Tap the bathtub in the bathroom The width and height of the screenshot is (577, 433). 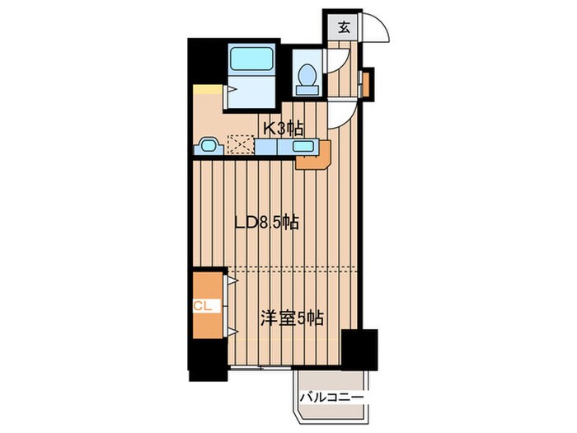point(251,59)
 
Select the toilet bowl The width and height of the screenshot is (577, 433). point(307,75)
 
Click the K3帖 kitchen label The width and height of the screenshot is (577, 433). point(283,128)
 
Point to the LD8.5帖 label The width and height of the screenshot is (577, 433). point(266,222)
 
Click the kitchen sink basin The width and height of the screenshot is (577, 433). point(303,148)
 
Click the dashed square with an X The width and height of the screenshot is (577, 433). point(241,146)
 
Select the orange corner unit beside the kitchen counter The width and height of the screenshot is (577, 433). point(314,156)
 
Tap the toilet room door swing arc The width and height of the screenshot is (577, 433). point(338,62)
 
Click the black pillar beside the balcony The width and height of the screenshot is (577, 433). point(359,348)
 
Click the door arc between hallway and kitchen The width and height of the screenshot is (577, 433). point(340,116)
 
